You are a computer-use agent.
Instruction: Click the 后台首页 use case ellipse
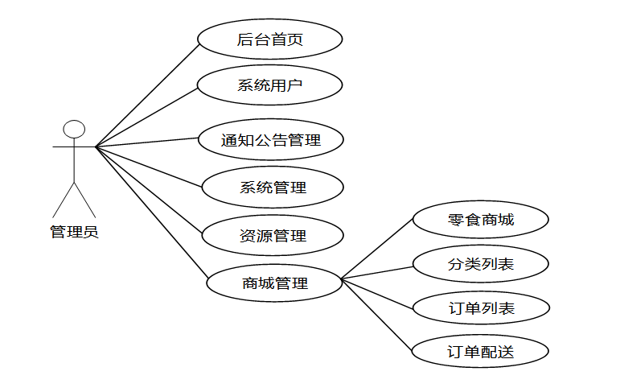tap(270, 39)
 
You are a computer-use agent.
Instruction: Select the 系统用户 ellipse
tap(270, 85)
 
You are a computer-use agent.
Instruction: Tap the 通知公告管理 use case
tap(271, 140)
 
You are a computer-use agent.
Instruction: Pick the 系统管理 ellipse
tap(273, 188)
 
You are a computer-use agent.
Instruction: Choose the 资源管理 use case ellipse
tap(273, 236)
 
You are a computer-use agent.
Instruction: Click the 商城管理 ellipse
tap(274, 283)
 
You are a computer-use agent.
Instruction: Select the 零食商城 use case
tap(480, 219)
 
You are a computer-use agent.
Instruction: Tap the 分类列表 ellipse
tap(480, 263)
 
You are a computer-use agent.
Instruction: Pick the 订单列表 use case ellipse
tap(480, 307)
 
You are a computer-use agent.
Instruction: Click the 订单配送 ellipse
tap(480, 352)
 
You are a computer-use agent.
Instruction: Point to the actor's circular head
tap(75, 129)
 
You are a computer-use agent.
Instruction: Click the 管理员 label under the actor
tap(74, 233)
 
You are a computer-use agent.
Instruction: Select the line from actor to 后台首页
tap(146, 93)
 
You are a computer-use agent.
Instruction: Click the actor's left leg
tap(64, 200)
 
